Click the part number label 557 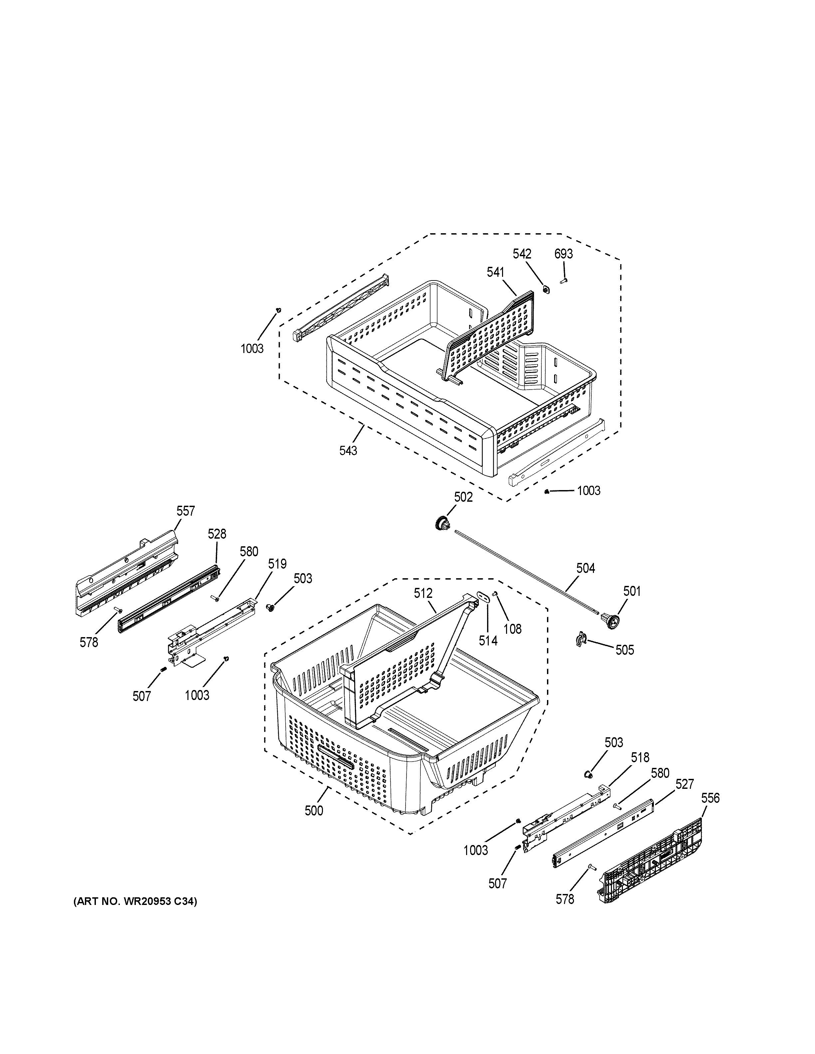(185, 511)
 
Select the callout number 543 (348, 450)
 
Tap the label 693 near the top (563, 254)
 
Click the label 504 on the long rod (585, 569)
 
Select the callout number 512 (422, 594)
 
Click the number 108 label (512, 629)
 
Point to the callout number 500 (314, 811)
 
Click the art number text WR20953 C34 (135, 902)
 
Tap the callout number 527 (684, 785)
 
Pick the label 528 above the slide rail (217, 534)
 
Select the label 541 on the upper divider (495, 273)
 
